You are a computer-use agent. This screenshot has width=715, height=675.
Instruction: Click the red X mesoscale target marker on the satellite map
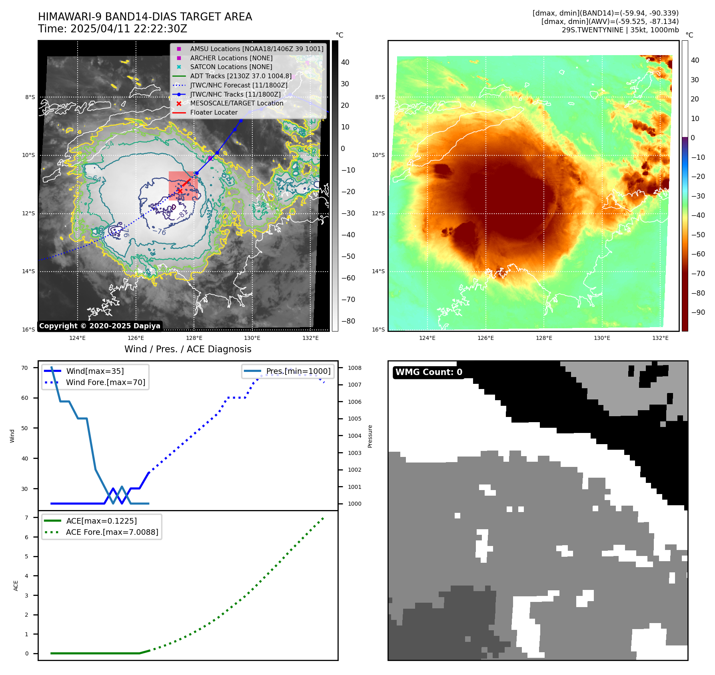tap(180, 191)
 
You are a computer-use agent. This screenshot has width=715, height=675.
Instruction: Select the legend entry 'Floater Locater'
tap(214, 113)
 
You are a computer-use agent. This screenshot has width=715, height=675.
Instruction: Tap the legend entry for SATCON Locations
tap(231, 67)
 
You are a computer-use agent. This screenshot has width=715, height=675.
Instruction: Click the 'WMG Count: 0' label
tap(429, 372)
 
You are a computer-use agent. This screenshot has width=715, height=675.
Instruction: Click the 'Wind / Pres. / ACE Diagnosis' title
tap(188, 349)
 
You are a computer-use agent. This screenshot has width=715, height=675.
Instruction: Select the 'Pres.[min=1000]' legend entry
tap(298, 371)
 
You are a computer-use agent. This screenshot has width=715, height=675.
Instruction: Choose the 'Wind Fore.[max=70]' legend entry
tap(106, 382)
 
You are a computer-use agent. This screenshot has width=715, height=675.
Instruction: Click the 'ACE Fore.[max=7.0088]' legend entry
tap(112, 532)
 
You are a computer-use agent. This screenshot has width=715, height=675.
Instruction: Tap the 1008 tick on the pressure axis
tap(354, 368)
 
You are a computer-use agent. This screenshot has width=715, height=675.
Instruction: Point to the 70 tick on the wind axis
tap(25, 368)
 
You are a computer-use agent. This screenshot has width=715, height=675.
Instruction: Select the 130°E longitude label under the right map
tap(602, 338)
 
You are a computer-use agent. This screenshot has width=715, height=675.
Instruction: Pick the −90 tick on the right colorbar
tap(698, 312)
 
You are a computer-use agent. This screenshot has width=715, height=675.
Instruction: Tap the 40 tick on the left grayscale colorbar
tap(345, 62)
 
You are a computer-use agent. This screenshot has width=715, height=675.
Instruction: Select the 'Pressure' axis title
tap(370, 436)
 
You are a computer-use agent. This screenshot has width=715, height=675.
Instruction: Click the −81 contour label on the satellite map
tap(182, 214)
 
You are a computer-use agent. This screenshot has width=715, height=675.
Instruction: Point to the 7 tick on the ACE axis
tap(26, 518)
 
